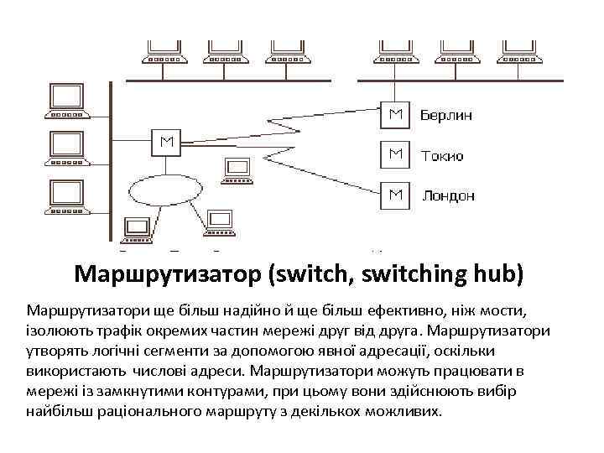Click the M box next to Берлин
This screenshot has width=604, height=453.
coord(394,115)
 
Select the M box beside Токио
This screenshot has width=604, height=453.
coord(394,154)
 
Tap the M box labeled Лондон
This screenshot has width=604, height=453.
coord(394,195)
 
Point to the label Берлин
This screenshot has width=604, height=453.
coord(445,115)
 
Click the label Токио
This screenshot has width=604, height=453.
coord(441,155)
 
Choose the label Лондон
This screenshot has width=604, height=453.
coord(448,195)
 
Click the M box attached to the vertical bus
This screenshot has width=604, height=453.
coord(165,142)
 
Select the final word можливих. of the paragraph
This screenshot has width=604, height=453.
coord(404,413)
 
